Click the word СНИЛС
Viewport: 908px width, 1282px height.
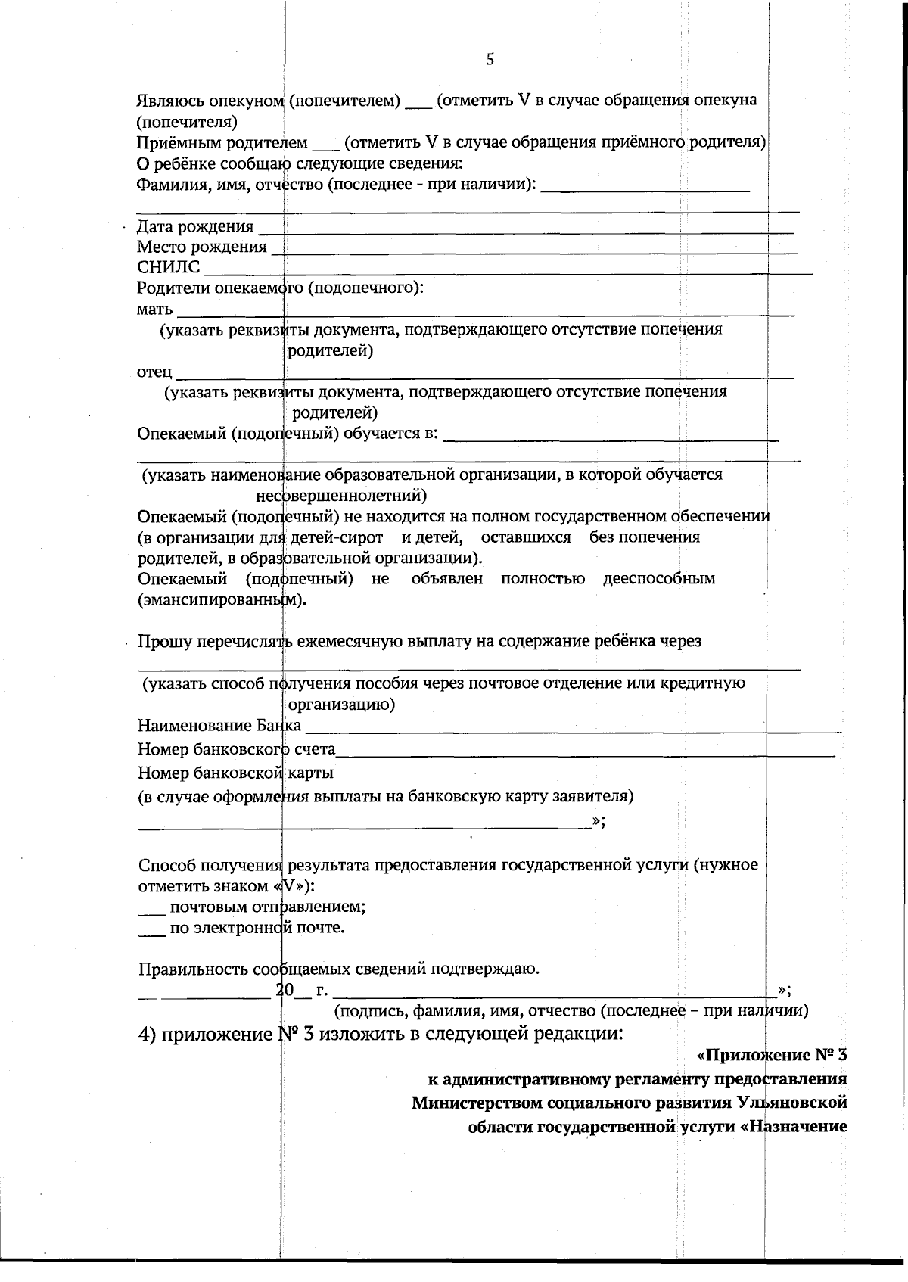tap(169, 267)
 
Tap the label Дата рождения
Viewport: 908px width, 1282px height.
tap(195, 226)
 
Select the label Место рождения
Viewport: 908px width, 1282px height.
tap(201, 247)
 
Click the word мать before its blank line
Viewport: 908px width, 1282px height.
tap(154, 309)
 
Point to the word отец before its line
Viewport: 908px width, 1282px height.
tap(154, 372)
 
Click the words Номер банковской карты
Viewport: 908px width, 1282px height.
tap(235, 773)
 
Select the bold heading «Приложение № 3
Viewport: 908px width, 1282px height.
tap(770, 1055)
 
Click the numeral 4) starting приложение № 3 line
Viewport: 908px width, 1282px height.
tap(148, 1035)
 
